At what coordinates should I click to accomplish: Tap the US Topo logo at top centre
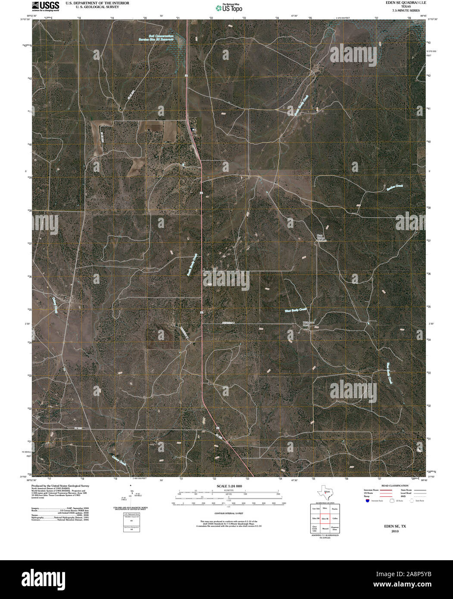coord(229,7)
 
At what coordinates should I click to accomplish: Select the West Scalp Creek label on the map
coord(295,309)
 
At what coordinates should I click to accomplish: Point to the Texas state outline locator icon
coord(324,492)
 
